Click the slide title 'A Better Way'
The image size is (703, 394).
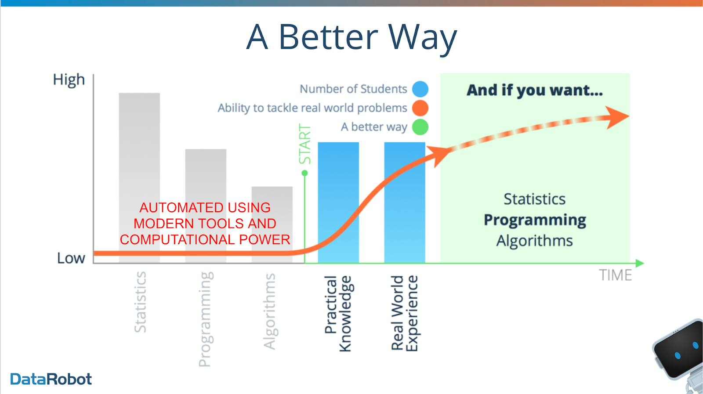coord(351,38)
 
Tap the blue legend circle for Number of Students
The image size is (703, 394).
coord(420,89)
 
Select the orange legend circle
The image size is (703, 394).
coord(420,108)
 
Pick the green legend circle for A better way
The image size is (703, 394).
coord(420,127)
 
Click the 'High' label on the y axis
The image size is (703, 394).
coord(69,80)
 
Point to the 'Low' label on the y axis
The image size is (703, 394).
coord(71,258)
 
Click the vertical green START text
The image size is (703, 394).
coord(305,144)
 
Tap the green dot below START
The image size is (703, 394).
coord(304,173)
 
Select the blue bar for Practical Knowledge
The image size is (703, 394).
coord(338,202)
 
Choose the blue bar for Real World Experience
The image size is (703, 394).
coord(405,202)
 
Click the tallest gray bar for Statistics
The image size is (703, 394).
coord(139,178)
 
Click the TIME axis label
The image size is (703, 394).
coord(616,275)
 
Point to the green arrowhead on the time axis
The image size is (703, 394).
coord(640,263)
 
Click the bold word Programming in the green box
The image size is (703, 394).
coord(535,220)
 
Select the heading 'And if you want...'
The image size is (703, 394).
coord(535,90)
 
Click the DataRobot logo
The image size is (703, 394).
coord(51,379)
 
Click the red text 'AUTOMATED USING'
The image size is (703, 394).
coord(205,208)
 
